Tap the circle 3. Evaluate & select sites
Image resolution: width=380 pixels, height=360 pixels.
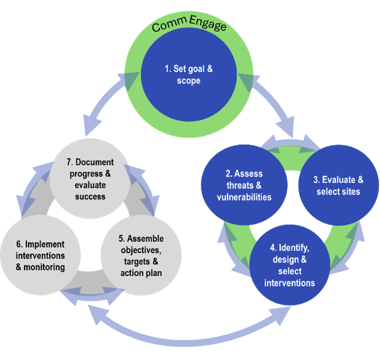pos(338,185)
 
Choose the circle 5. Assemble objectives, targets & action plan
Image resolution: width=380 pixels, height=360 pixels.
pos(142,256)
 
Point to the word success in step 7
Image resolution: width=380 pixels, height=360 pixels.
pos(91,196)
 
